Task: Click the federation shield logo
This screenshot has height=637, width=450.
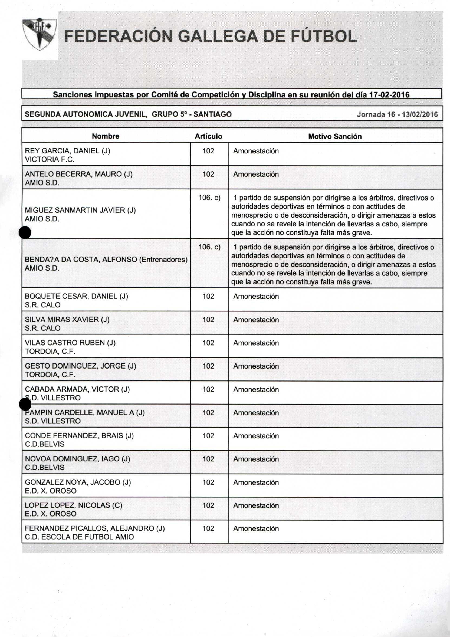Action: coord(40,34)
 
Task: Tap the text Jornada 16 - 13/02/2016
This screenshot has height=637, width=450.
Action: coord(397,114)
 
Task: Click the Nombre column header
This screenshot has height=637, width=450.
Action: coord(106,136)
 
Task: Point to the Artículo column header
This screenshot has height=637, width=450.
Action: coord(208,136)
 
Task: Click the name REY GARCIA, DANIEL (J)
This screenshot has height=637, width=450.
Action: coord(67,151)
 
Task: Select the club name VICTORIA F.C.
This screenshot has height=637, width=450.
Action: coord(50,160)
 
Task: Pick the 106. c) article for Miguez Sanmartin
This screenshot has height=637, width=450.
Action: coord(209,198)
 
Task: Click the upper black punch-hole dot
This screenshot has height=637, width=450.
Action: coord(25,232)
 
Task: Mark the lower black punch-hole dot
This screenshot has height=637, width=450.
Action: coord(25,404)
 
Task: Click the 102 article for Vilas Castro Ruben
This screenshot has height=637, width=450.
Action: coord(208,343)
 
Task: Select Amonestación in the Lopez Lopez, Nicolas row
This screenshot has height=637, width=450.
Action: coord(256,505)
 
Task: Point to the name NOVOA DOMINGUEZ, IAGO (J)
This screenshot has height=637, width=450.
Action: coord(77,459)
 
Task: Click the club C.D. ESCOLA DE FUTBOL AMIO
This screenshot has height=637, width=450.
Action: coord(79,537)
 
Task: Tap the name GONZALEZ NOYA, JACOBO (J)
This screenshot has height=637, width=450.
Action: coord(78,482)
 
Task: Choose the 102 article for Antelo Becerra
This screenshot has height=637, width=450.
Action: coord(208,174)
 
